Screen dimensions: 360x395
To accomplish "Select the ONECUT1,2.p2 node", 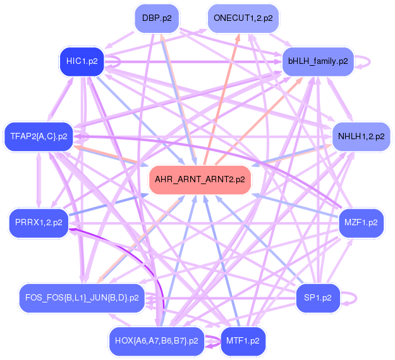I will point(243,18).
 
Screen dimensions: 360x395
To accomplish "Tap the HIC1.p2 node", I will point(82,61).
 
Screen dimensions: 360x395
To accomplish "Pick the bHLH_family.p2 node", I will point(317,61).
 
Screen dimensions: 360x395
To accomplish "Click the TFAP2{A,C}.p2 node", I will point(39,136).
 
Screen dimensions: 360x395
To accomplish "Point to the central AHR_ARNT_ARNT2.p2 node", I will point(199,180).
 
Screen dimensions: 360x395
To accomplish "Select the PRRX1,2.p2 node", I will point(39,222).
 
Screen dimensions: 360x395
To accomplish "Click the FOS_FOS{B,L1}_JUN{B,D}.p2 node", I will point(82,297).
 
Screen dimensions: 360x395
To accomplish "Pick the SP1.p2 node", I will point(318,297).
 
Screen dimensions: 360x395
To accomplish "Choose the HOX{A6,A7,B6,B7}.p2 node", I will point(156,340).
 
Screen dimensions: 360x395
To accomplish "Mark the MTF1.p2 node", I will point(243,340).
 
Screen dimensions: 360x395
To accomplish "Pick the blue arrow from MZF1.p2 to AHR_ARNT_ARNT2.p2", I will point(297,206).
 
